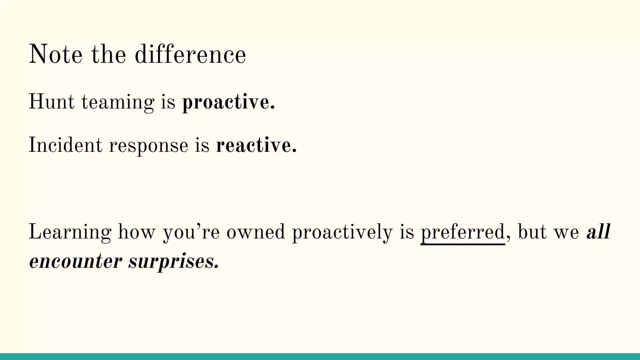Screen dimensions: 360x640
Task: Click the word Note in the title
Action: (56, 54)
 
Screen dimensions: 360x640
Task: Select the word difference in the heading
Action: (190, 54)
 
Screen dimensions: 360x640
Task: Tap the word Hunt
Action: (52, 102)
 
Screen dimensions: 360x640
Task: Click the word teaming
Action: (118, 102)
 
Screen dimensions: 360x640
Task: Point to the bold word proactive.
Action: (228, 102)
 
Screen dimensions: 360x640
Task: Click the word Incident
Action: (65, 145)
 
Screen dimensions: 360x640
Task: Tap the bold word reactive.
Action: (256, 146)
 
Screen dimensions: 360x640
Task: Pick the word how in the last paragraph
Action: (137, 232)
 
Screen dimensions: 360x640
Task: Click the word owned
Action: (256, 232)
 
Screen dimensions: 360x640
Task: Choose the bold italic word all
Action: (598, 232)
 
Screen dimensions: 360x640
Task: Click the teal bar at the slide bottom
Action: (320, 357)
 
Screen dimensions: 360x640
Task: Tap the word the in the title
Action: (109, 54)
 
